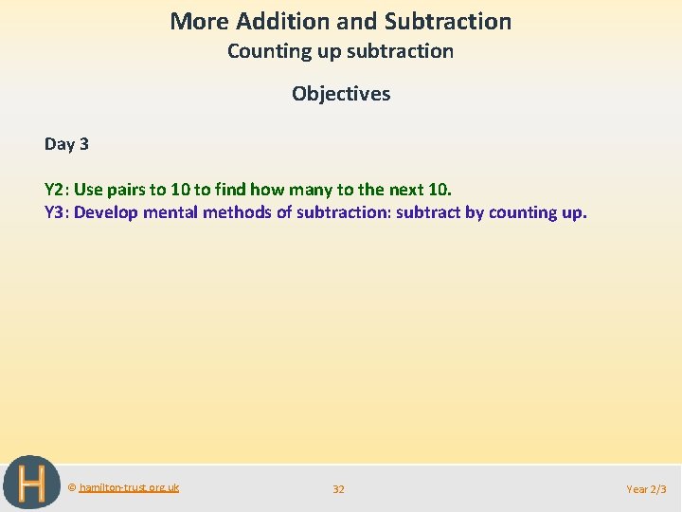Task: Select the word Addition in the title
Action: [x=276, y=21]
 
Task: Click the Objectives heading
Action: [x=341, y=93]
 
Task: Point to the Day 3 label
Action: [x=66, y=144]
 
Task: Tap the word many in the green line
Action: [x=311, y=189]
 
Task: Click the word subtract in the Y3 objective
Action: [x=427, y=212]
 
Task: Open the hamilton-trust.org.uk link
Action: [x=129, y=487]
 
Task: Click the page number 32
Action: [x=338, y=489]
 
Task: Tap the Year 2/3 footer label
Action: [x=646, y=489]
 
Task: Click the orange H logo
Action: [x=30, y=484]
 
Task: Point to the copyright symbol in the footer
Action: [x=72, y=487]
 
